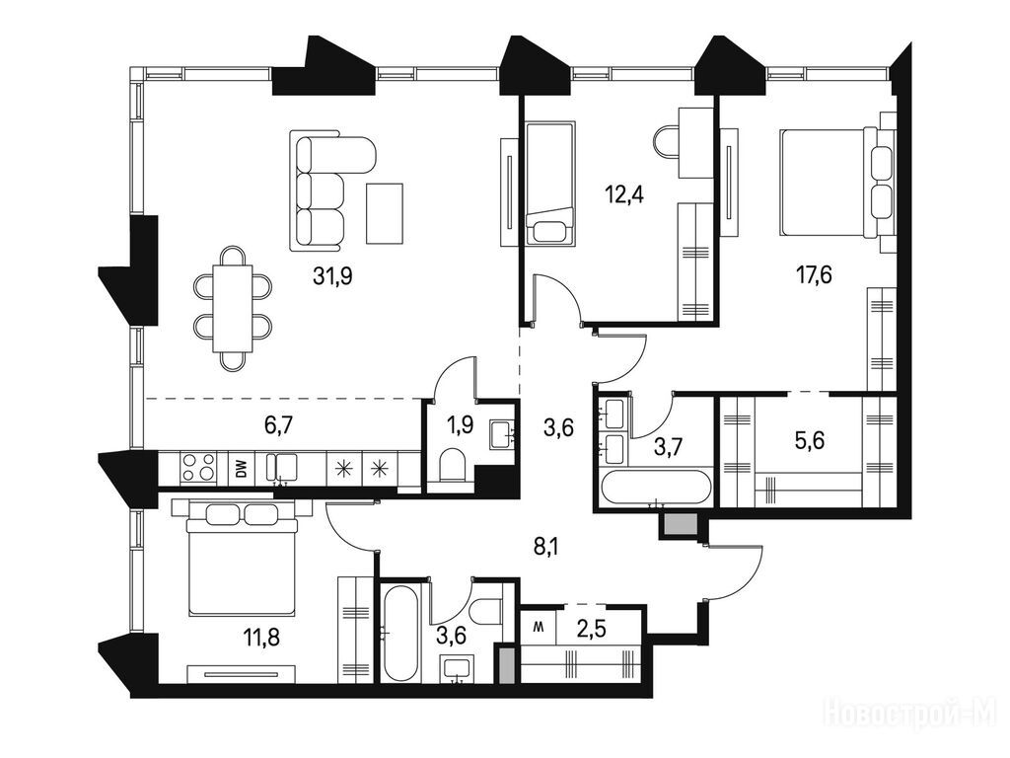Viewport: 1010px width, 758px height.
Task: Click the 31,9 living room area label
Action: click(332, 276)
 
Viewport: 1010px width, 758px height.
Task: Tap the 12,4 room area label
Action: click(623, 193)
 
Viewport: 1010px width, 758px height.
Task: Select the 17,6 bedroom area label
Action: click(813, 275)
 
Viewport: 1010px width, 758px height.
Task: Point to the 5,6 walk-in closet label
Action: click(810, 441)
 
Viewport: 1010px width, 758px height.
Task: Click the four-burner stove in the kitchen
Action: click(198, 468)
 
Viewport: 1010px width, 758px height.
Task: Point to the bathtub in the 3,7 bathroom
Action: click(655, 488)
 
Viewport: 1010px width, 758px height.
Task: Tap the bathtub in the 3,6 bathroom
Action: click(398, 633)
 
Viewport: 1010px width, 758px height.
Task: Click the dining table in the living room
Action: click(233, 308)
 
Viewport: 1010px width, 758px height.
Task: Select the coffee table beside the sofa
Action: click(385, 213)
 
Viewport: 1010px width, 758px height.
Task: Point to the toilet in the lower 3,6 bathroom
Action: click(487, 611)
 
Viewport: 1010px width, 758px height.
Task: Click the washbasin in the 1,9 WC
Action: click(502, 432)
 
